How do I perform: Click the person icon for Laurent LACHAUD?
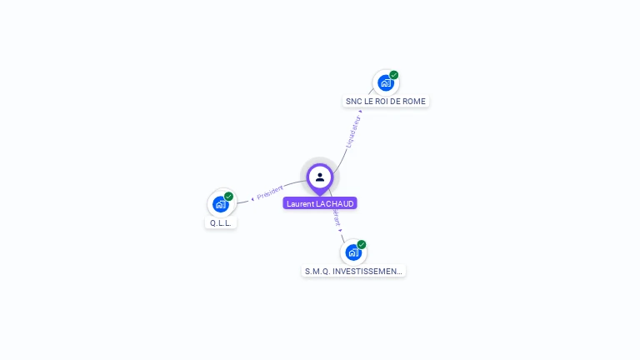[320, 177]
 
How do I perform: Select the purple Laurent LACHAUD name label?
[320, 203]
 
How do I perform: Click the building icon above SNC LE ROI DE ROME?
[385, 82]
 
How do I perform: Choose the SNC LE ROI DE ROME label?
[386, 102]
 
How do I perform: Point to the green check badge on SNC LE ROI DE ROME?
[394, 75]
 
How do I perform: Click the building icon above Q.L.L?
[220, 203]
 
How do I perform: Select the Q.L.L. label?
[221, 223]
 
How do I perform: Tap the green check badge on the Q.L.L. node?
[229, 197]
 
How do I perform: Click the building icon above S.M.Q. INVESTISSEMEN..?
[353, 252]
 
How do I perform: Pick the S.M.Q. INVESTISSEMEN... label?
[353, 271]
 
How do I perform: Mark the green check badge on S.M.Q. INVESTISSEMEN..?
[362, 244]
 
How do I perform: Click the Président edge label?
[270, 193]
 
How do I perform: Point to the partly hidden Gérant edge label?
[337, 217]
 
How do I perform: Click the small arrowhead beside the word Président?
[252, 199]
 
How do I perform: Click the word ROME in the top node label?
[414, 102]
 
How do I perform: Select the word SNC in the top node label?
[353, 102]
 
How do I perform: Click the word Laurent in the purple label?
[301, 203]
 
